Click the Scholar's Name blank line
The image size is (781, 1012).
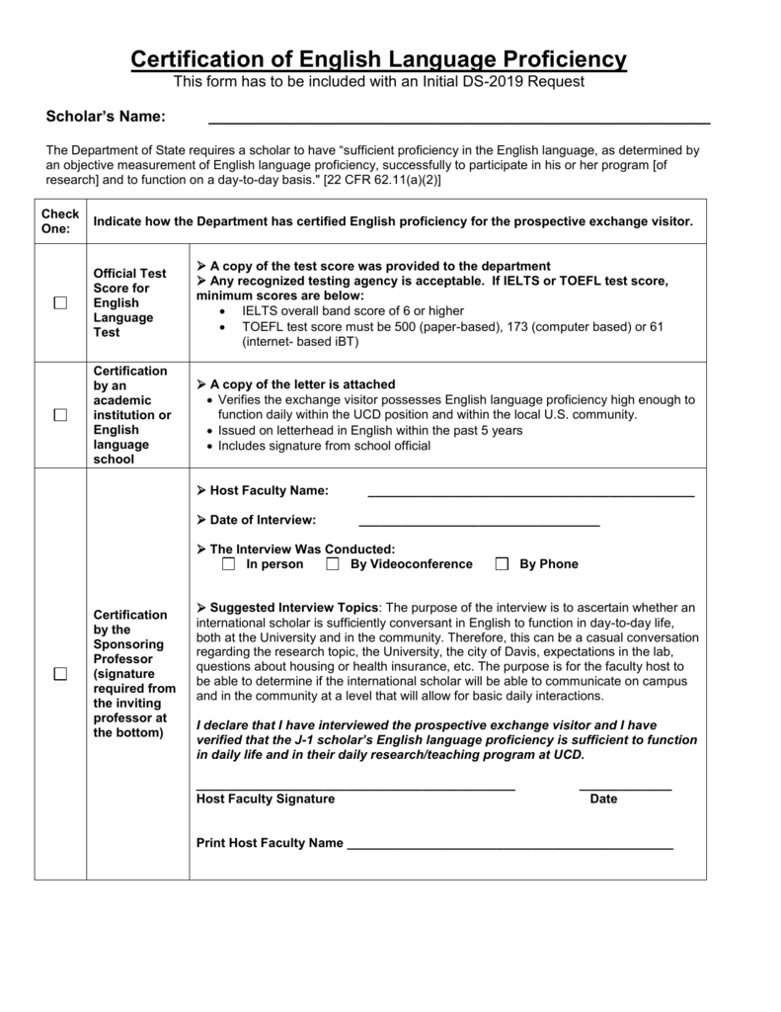[x=458, y=119]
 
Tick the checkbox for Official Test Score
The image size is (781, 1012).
[x=60, y=303]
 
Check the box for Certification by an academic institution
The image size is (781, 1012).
[x=60, y=415]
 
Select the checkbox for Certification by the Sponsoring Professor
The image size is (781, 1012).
[x=60, y=674]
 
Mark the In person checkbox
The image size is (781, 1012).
[x=228, y=564]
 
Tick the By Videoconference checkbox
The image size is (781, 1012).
[x=333, y=564]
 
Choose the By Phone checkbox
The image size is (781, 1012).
[x=502, y=564]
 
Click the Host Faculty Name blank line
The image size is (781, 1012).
[x=530, y=491]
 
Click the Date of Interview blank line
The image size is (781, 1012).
[x=479, y=520]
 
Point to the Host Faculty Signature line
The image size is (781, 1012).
[x=355, y=788]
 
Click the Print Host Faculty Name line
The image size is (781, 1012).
[x=510, y=845]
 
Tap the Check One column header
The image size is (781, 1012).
[x=59, y=221]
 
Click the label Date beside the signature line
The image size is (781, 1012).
[x=603, y=799]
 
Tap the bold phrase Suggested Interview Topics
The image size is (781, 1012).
[x=294, y=607]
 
